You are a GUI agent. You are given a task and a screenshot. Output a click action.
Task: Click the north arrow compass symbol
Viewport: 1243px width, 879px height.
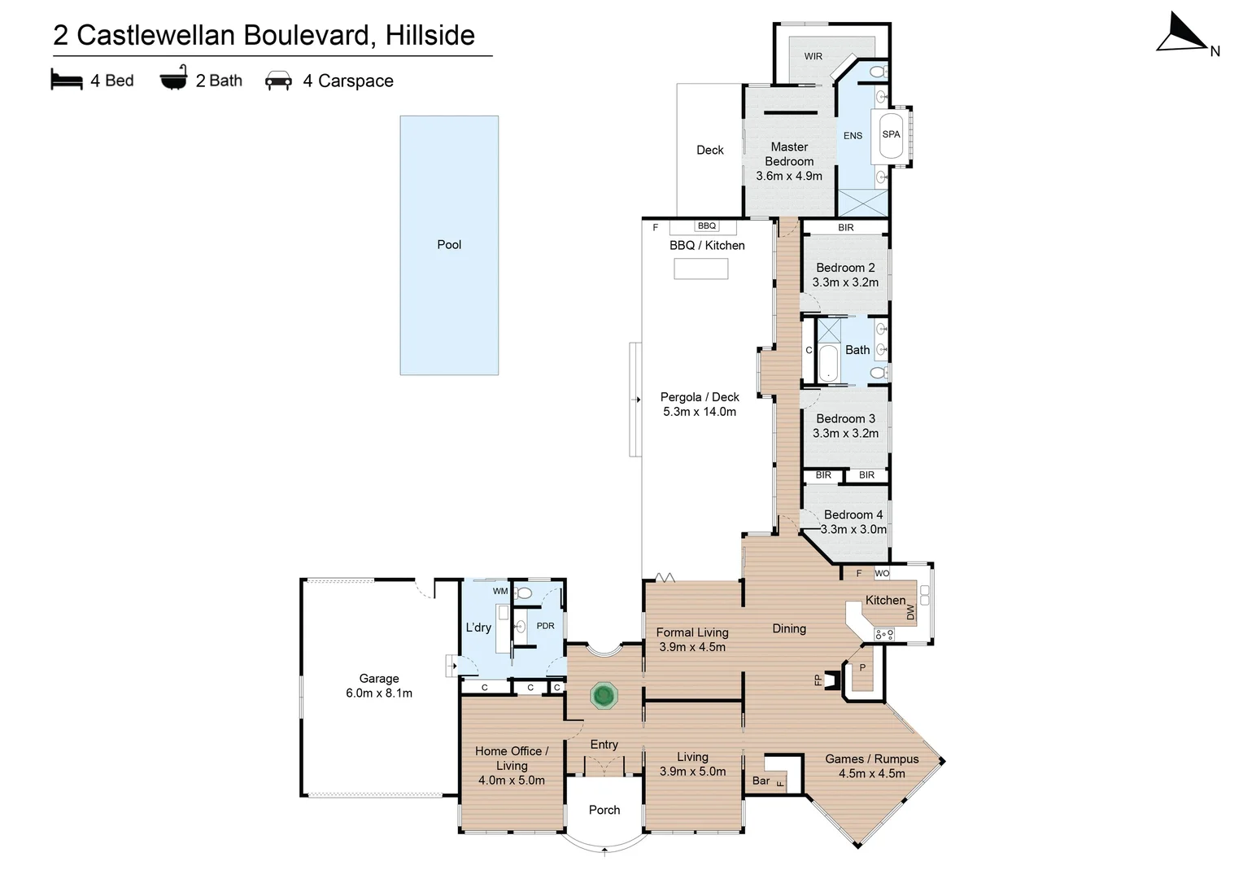coord(1182,34)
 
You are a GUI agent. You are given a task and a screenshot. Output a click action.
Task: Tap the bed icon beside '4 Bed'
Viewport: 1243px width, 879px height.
coord(67,80)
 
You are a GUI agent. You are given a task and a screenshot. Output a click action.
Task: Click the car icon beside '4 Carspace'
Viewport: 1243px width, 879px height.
coord(279,80)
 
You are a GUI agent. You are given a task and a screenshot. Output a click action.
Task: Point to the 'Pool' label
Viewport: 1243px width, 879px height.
coord(449,244)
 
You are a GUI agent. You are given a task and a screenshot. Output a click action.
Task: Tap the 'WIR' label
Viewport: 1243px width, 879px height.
coord(813,56)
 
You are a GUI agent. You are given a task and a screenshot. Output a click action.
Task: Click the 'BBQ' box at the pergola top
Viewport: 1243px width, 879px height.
coord(707,225)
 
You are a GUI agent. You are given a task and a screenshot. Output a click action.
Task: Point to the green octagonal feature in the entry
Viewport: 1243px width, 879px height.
coord(604,696)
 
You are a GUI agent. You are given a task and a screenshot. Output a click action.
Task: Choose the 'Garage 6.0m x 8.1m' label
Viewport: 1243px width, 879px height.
coord(379,685)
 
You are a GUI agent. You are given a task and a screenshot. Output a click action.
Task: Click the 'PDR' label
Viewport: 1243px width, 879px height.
coord(545,626)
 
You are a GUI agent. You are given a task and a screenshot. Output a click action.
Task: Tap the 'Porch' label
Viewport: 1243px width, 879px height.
coord(604,810)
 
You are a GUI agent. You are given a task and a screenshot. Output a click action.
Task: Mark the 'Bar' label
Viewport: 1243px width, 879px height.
coord(761,781)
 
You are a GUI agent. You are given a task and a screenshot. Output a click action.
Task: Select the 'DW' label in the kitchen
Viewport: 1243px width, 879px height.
coord(910,611)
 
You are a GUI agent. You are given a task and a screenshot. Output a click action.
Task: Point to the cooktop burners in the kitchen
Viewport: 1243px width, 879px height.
coord(884,633)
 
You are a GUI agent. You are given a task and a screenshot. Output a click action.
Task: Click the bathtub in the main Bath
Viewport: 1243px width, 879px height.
coord(828,363)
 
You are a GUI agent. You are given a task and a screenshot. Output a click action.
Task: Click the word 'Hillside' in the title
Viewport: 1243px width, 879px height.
coord(430,35)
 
